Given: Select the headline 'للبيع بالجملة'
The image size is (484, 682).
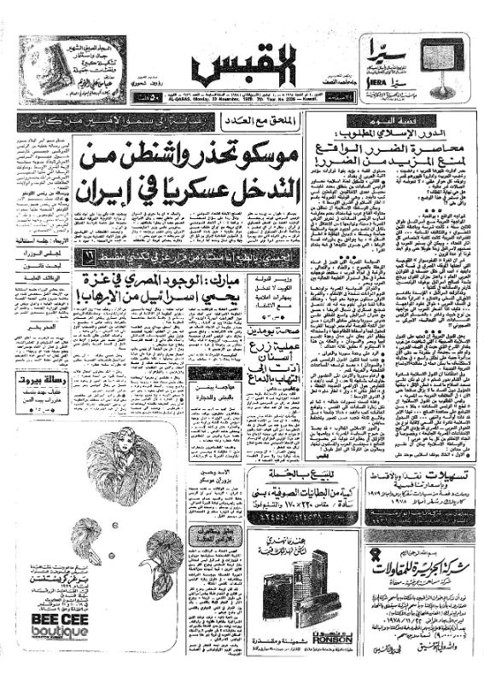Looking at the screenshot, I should point(293,477).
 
